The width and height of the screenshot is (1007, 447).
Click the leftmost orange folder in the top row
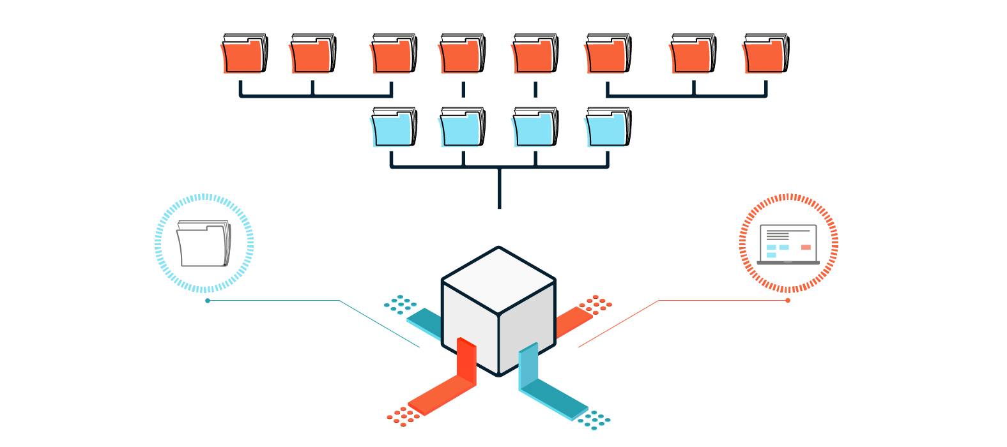pyautogui.click(x=243, y=55)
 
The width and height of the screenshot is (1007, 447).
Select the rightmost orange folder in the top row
pyautogui.click(x=765, y=55)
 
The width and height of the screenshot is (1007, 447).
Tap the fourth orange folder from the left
pyautogui.click(x=461, y=55)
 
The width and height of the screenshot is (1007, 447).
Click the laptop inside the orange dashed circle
pyautogui.click(x=788, y=244)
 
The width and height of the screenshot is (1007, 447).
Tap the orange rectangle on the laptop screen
pyautogui.click(x=806, y=247)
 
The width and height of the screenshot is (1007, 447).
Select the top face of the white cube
pyautogui.click(x=498, y=279)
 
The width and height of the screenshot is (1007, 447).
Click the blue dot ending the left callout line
pyautogui.click(x=208, y=301)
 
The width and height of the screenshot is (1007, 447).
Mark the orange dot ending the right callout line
pyautogui.click(x=788, y=300)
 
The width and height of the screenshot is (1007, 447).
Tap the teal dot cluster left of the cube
pyautogui.click(x=401, y=305)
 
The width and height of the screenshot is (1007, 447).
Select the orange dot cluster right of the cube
pyautogui.click(x=596, y=304)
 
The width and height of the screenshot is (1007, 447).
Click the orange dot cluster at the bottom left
pyautogui.click(x=403, y=416)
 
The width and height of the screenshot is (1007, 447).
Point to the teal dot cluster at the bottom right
pyautogui.click(x=594, y=419)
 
